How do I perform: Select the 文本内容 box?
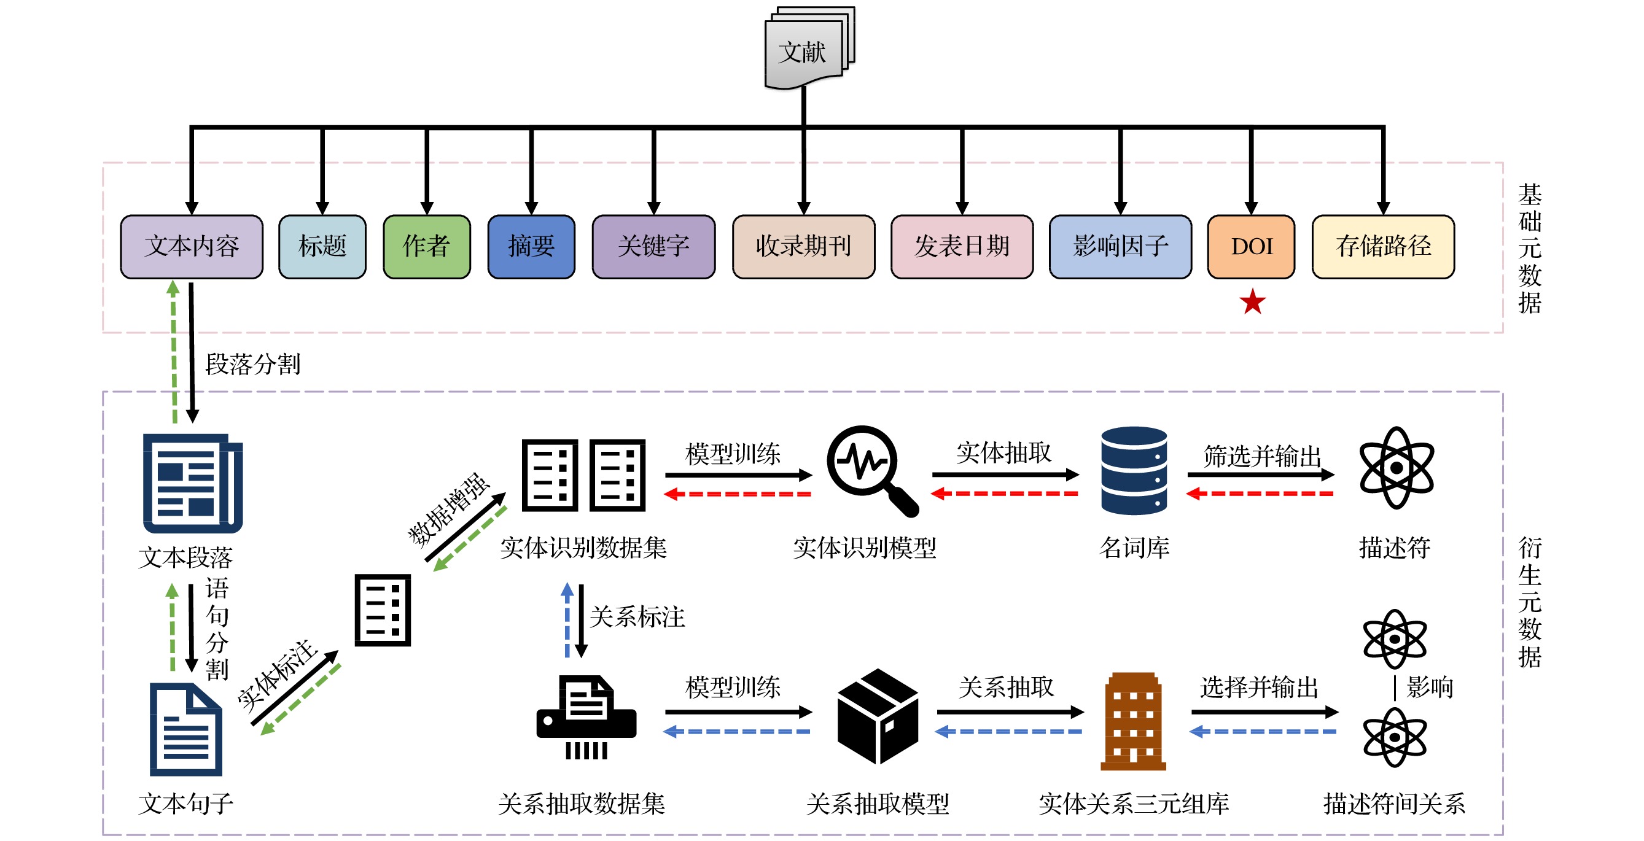[192, 246]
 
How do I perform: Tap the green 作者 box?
[426, 246]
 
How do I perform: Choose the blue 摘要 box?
[531, 246]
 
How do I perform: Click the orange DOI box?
[1251, 246]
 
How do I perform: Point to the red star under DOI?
[1252, 302]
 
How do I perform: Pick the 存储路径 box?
[1383, 246]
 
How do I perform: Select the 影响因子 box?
[1120, 246]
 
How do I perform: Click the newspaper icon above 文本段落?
[192, 483]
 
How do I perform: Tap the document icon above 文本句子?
[185, 729]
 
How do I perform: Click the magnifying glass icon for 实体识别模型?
[871, 470]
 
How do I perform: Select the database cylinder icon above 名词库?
[1134, 470]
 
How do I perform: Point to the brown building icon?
[1133, 721]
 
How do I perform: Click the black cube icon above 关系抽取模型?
[878, 716]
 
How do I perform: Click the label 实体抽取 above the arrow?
[1003, 453]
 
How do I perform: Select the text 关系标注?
[637, 617]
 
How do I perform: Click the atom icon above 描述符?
[1396, 468]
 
